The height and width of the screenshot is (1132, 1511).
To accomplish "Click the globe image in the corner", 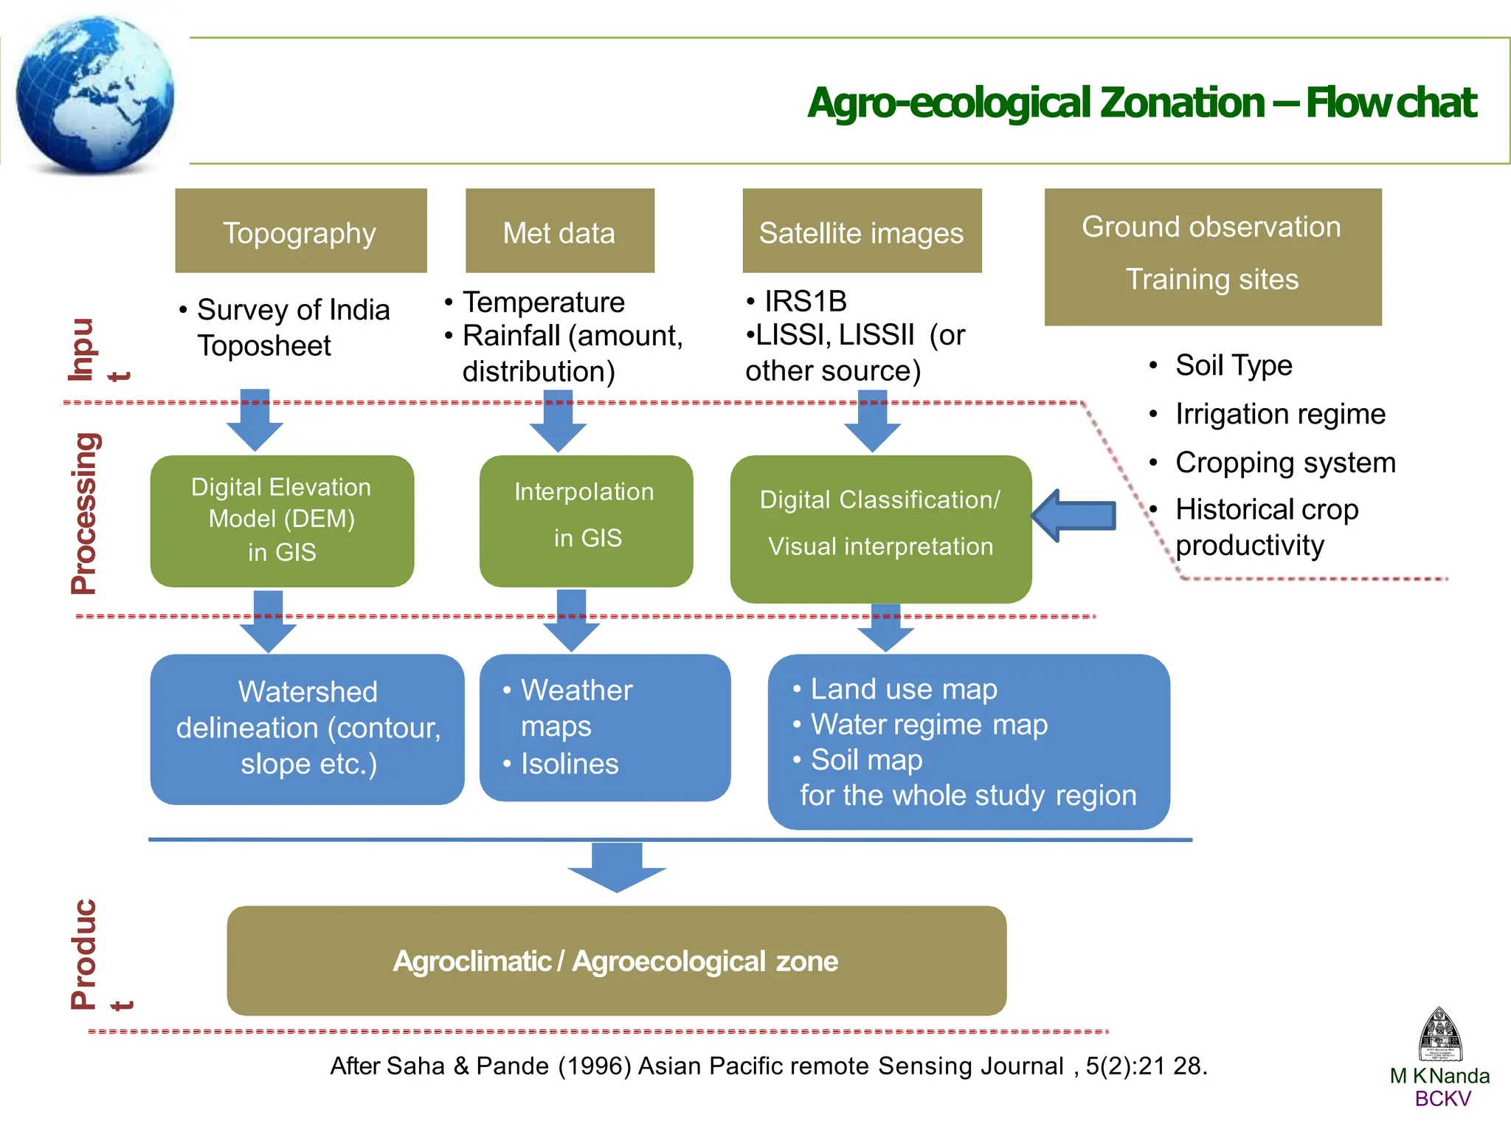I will click(94, 94).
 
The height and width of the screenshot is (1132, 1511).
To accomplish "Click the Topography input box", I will click(300, 231).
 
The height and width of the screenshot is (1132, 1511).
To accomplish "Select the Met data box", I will click(559, 231).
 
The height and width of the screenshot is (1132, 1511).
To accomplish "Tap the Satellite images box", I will click(861, 231).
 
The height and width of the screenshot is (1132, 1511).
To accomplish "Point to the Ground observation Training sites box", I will click(1212, 256).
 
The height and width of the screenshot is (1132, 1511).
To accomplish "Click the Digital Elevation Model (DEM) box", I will click(282, 520).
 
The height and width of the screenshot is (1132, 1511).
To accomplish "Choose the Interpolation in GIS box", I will click(586, 520).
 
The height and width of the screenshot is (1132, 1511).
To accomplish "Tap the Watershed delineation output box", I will click(307, 728).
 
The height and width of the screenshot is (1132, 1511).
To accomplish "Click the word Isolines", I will click(570, 764).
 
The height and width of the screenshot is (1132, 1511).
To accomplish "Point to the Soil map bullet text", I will click(866, 760).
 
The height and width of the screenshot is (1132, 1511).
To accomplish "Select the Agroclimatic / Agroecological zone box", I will click(616, 960).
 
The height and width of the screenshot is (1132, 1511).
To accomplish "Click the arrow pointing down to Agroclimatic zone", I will click(617, 867).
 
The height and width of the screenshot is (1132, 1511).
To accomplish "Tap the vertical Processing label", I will click(84, 514).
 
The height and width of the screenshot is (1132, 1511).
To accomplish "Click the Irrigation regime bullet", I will click(1280, 414).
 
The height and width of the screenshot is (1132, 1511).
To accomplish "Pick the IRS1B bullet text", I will click(805, 301).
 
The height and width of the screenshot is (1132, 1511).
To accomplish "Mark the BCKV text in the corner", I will click(1442, 1099).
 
